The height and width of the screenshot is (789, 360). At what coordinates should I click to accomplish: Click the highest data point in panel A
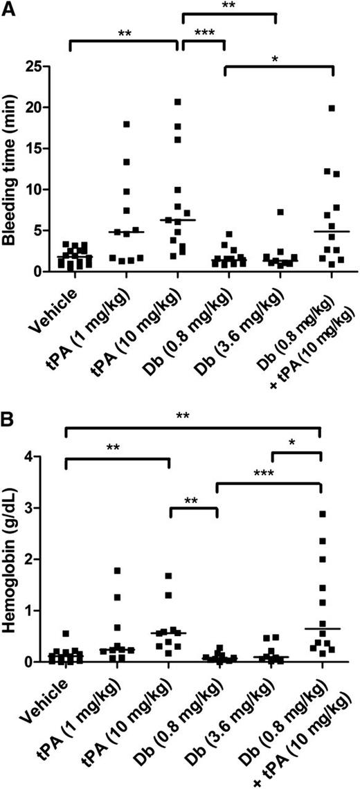tap(177, 102)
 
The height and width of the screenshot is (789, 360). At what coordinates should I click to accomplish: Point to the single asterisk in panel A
tap(279, 60)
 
